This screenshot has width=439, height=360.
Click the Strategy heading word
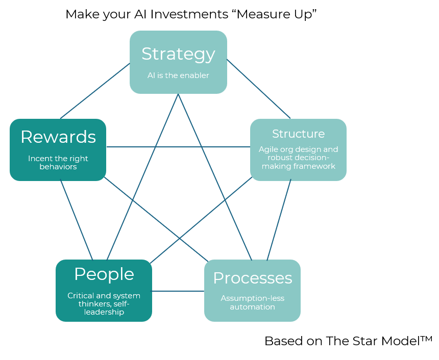point(178,54)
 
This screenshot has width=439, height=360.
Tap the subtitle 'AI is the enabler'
point(178,75)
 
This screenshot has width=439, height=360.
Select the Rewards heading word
point(58,137)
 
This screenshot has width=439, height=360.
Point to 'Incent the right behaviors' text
point(58,163)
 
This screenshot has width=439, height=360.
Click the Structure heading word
point(298,134)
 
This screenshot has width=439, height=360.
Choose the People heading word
point(104,274)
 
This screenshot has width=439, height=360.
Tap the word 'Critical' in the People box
point(82,296)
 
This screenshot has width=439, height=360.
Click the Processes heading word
point(252,278)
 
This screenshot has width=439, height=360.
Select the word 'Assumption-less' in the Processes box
point(252,298)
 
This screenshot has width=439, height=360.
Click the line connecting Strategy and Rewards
point(95,91)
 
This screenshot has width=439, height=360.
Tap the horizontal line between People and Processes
point(178,291)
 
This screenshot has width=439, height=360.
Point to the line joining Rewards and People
point(77,220)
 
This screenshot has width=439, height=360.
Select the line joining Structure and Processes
point(279,220)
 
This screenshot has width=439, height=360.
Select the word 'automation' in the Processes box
point(252,306)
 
